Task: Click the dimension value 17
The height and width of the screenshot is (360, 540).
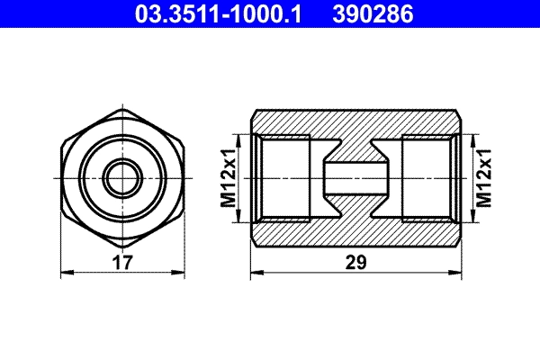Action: (x=123, y=262)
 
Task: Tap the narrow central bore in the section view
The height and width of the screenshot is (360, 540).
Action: (x=355, y=177)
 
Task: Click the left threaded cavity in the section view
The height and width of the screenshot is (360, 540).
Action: (x=283, y=177)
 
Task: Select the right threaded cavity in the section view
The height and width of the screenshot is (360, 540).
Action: (x=428, y=177)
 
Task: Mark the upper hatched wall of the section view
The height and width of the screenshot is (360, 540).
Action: (x=355, y=122)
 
